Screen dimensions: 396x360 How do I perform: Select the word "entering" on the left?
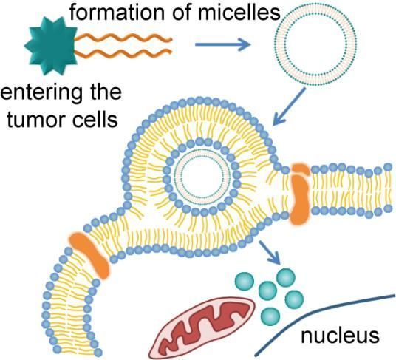click(x=41, y=94)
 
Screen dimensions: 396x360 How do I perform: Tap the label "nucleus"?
click(x=340, y=336)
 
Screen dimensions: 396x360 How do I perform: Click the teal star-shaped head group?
click(x=51, y=46)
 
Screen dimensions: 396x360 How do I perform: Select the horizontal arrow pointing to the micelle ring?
click(x=223, y=44)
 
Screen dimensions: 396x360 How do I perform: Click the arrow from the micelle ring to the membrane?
click(x=290, y=106)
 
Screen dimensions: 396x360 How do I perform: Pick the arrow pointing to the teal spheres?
click(x=270, y=252)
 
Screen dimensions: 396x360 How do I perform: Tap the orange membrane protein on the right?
click(x=300, y=194)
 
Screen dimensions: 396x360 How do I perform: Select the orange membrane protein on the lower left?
click(x=89, y=255)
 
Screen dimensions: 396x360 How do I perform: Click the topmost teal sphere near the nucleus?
click(x=286, y=277)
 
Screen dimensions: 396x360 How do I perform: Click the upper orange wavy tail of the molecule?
click(x=124, y=38)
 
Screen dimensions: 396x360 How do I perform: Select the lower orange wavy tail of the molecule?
click(x=124, y=53)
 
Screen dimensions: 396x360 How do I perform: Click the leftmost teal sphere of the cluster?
click(x=245, y=281)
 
